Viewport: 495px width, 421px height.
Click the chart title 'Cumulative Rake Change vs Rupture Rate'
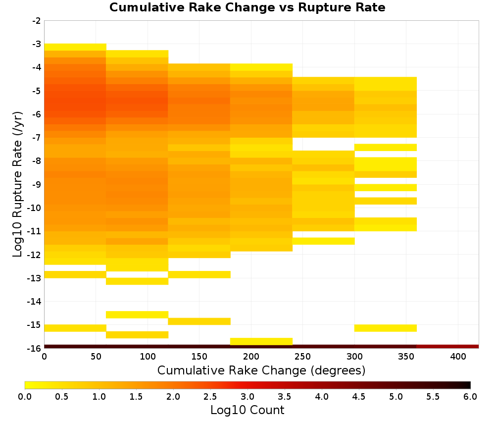[x=247, y=7]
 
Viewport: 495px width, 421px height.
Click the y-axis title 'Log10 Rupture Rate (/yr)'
[x=17, y=184]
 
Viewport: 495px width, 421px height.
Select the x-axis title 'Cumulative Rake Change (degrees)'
[x=261, y=370]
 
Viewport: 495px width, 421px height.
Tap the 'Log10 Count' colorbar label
[x=247, y=410]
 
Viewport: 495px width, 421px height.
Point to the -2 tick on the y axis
[x=37, y=21]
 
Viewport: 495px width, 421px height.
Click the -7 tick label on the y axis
[x=37, y=138]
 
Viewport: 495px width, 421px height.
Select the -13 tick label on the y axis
[x=35, y=278]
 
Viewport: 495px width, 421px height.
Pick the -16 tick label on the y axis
[x=35, y=348]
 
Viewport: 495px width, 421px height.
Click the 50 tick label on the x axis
[x=96, y=357]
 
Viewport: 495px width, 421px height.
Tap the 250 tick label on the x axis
[x=303, y=357]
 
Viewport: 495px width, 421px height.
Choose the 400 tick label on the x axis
[x=458, y=357]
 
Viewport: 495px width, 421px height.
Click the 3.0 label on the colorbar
[x=247, y=397]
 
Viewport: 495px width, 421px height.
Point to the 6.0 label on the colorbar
[x=470, y=397]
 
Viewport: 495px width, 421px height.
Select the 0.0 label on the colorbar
[x=25, y=397]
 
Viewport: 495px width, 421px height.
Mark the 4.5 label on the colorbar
[x=358, y=397]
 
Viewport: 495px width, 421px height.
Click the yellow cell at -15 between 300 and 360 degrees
[x=386, y=328]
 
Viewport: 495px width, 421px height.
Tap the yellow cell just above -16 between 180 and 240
[x=261, y=341]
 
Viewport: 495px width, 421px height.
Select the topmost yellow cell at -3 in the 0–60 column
[x=75, y=47]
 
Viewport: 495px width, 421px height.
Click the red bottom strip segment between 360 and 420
[x=447, y=347]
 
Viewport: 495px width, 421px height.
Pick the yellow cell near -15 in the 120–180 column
[x=199, y=321]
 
